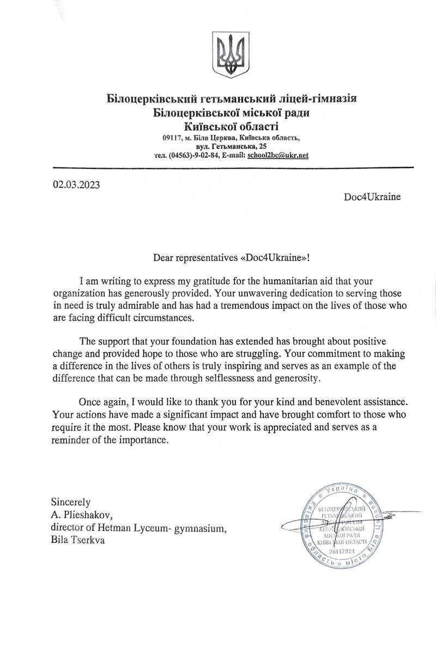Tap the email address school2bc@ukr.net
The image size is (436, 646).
click(278, 155)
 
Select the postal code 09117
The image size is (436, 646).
click(173, 138)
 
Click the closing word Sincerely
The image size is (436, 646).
click(70, 501)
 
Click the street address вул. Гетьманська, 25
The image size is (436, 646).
click(232, 147)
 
